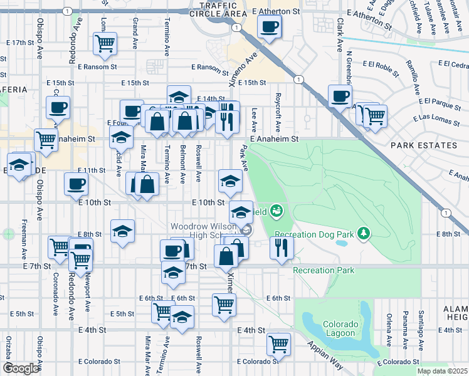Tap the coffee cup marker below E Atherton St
coord(269,27)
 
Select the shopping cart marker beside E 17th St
coord(105,43)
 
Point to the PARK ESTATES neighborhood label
coord(424,145)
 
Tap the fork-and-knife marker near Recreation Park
coord(282,247)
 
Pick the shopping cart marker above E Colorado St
coord(278,343)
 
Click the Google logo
coord(20,368)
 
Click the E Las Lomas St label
coord(437,118)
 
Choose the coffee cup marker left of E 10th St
coord(76,184)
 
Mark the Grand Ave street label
coord(135,34)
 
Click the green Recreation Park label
coord(323,271)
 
